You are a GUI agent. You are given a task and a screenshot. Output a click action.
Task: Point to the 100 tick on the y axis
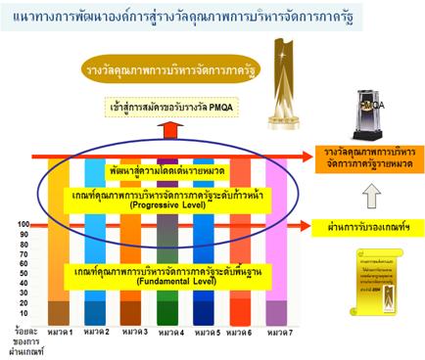click(x=23, y=225)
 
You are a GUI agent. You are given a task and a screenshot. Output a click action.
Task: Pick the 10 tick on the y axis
click(x=24, y=311)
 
